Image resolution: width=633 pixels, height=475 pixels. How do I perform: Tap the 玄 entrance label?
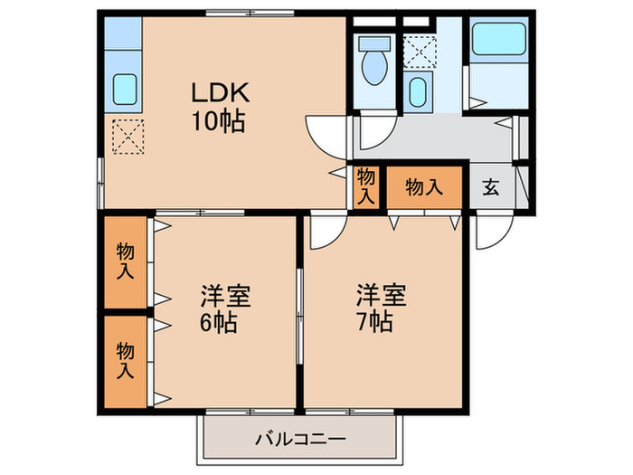491,187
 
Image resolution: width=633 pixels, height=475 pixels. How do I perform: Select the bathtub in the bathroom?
500,42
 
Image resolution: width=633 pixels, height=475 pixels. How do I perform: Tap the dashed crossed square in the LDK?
127,138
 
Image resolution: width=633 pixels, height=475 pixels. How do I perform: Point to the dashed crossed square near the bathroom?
419,50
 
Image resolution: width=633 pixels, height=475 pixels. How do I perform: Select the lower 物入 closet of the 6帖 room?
124,358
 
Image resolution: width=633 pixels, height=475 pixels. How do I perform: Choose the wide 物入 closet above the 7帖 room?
424,187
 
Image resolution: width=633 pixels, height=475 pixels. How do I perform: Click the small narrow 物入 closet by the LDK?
365,186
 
